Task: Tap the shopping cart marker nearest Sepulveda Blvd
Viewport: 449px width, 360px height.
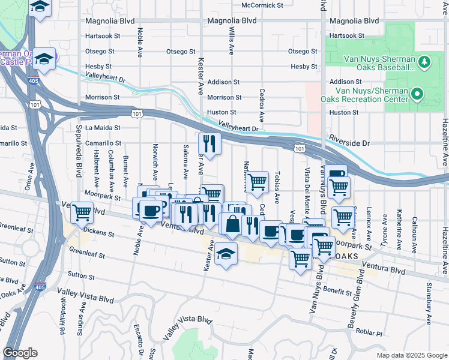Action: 82,211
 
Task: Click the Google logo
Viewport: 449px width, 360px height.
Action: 20,353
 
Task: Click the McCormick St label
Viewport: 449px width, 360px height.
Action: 262,5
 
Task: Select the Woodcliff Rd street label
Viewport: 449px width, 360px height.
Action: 62,318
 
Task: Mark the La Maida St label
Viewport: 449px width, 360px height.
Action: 103,128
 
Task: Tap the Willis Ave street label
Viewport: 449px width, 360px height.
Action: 231,37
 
